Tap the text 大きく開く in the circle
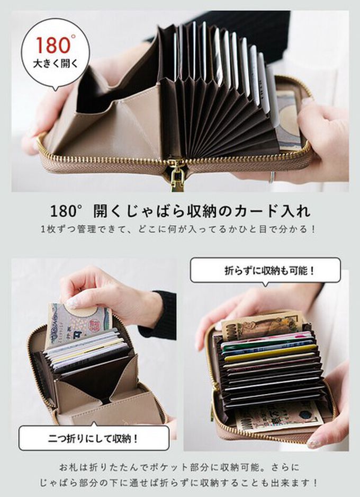[x=56, y=64]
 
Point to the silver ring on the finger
[x=272, y=177]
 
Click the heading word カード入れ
[x=272, y=210]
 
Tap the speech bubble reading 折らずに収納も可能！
[x=265, y=270]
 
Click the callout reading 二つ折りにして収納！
[x=94, y=438]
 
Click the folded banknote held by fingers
[x=79, y=323]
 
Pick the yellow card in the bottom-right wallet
[x=271, y=353]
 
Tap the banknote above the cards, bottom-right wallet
[x=263, y=325]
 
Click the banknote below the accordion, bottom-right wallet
[x=278, y=416]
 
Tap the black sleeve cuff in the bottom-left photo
[x=161, y=315]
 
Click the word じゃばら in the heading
[x=154, y=210]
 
